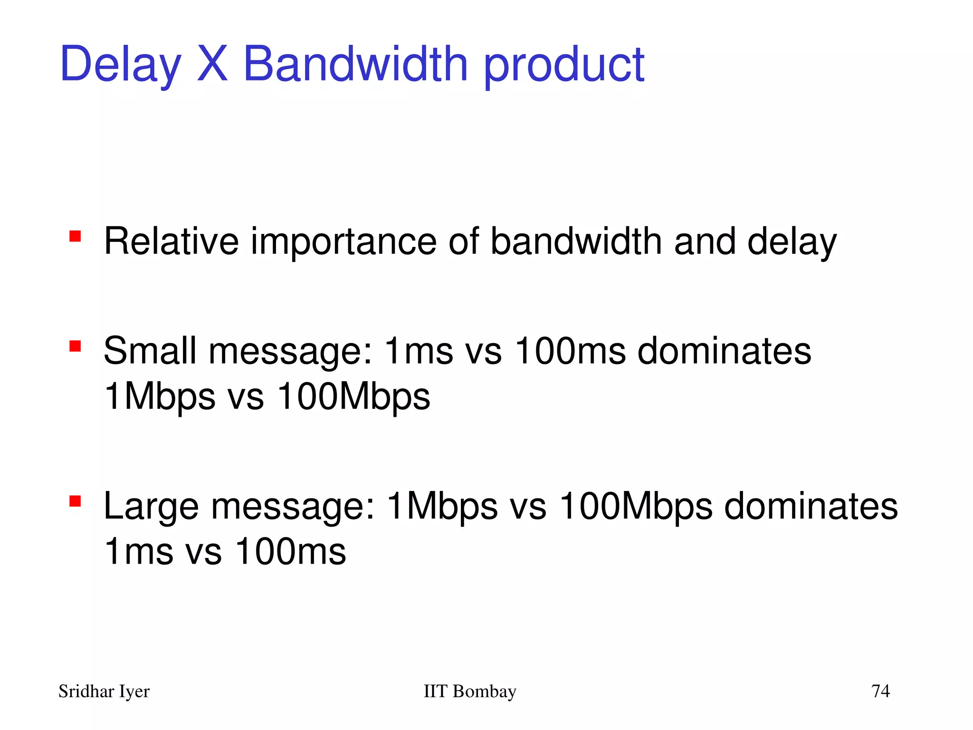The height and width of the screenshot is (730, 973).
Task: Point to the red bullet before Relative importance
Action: tap(75, 236)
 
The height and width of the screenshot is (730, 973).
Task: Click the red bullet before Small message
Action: tap(75, 346)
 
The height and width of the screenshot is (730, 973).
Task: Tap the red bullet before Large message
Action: tap(75, 501)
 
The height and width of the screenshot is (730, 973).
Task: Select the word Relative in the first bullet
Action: tap(171, 241)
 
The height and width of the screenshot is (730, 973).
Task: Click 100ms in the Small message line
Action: tap(570, 351)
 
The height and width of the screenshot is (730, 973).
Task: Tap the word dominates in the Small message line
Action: tap(724, 351)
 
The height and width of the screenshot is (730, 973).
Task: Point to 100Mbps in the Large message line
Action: tap(636, 507)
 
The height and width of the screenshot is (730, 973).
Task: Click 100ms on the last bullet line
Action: tap(290, 551)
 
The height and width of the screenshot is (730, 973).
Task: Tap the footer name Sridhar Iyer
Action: tap(104, 691)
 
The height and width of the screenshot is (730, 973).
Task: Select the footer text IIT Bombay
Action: tap(469, 691)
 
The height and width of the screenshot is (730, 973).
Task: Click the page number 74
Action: tap(880, 691)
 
